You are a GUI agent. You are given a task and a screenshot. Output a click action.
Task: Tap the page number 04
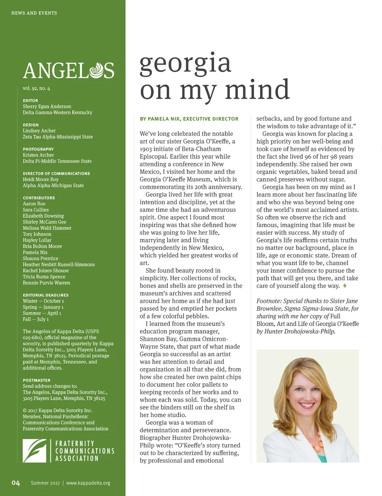pos(15,483)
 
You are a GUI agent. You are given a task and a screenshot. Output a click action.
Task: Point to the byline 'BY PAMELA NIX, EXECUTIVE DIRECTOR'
pos(189,119)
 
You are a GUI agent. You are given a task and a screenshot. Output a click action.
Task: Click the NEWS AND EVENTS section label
pos(34,13)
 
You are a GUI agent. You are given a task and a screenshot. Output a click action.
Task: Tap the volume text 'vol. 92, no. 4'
pos(36,88)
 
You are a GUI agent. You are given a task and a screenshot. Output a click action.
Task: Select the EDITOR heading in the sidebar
pos(30,101)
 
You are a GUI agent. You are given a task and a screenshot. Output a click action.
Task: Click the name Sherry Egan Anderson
pos(47,107)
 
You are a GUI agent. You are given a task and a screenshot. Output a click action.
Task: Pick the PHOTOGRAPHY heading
pos(38,149)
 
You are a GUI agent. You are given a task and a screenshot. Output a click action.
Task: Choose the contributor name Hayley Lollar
pos(37,240)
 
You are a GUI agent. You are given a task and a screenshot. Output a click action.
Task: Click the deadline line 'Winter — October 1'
pos(43,301)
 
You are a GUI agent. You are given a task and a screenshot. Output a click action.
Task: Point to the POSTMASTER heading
pos(37,380)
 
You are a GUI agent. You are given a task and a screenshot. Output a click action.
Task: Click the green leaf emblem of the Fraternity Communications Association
pos(34,451)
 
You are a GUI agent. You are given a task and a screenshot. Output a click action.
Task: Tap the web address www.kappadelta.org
pos(88,483)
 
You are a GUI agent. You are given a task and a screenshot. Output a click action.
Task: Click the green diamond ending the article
pos(345,286)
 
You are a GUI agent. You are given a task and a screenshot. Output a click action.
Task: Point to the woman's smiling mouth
pos(307,405)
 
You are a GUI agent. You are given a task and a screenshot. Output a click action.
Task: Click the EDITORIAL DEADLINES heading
pos(46,295)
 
